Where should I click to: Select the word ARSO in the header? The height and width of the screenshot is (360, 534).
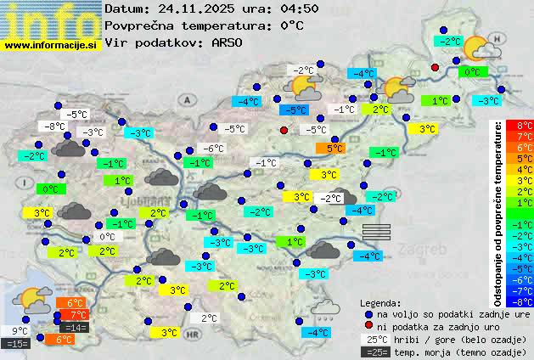[x=229, y=42]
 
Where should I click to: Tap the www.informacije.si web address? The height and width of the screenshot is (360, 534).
[x=51, y=46]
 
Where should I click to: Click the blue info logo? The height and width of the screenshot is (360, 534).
[x=51, y=20]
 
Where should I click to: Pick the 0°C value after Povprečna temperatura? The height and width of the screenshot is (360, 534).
[x=291, y=25]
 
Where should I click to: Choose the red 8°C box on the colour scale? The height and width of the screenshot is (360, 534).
[x=514, y=125]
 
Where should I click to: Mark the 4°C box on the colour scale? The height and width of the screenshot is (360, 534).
[x=514, y=169]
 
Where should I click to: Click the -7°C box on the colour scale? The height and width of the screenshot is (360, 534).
[x=514, y=290]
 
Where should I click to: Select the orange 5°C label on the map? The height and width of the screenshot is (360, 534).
[x=331, y=148]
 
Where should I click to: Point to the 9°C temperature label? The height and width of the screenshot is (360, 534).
[x=20, y=331]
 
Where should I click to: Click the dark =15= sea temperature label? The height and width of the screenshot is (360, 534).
[x=16, y=344]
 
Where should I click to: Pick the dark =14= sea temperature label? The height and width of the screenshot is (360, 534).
[x=74, y=327]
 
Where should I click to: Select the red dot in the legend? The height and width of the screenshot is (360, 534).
[x=368, y=325]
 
